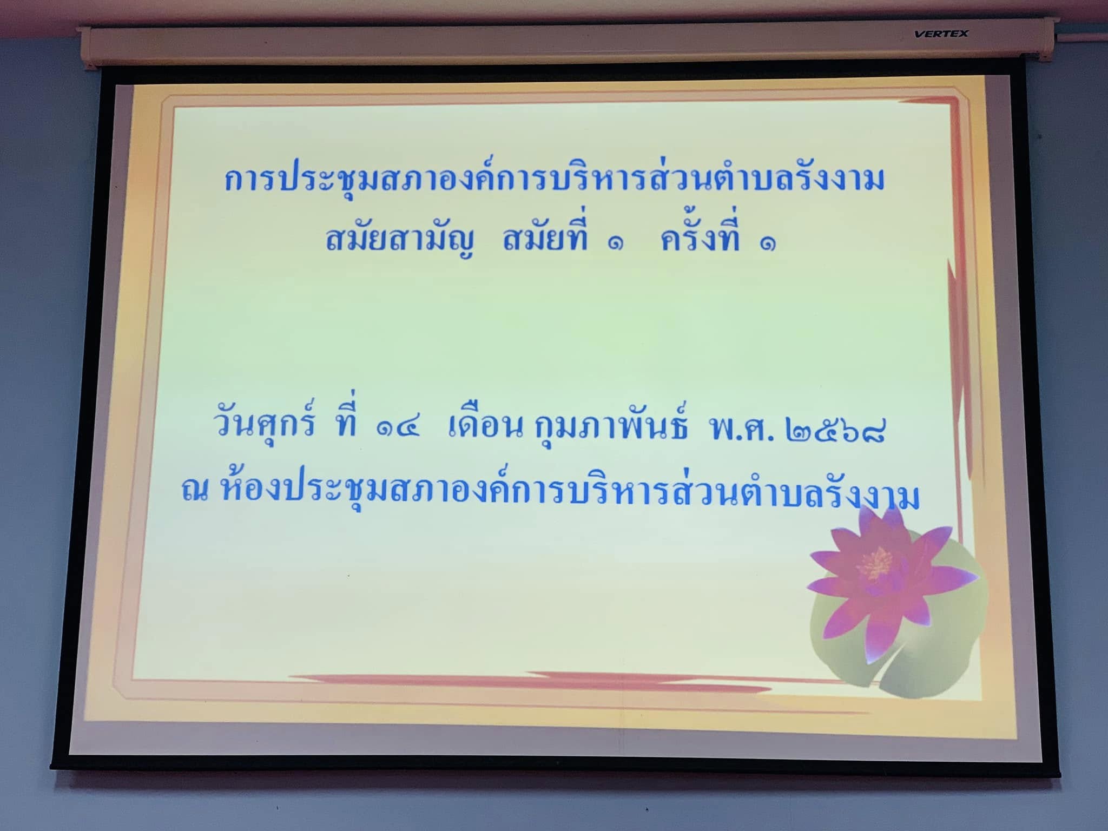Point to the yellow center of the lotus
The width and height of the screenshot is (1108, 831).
[x=877, y=563]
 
